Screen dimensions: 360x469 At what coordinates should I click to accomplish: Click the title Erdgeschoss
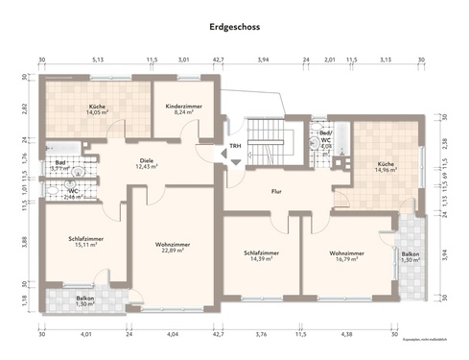click(x=234, y=29)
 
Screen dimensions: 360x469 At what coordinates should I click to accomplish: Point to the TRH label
click(x=234, y=146)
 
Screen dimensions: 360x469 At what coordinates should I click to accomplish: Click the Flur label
click(x=275, y=191)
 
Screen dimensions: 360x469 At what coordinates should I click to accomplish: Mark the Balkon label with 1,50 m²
click(x=85, y=300)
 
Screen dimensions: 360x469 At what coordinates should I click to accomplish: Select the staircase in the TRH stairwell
click(x=266, y=135)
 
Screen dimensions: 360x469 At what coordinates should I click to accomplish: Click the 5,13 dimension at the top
click(x=98, y=60)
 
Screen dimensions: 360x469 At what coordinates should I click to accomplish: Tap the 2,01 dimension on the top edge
click(x=329, y=60)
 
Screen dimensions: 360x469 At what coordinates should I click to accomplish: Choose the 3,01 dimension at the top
click(x=184, y=60)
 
